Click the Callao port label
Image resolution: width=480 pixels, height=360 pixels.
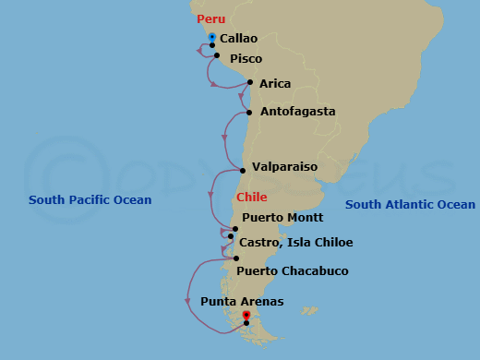[x=238, y=39]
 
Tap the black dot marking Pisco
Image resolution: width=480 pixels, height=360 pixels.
[x=217, y=56]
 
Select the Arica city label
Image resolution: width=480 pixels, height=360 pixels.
[x=275, y=84]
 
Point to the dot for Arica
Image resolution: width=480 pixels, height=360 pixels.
[x=250, y=82]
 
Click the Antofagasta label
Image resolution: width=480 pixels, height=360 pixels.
[x=297, y=112]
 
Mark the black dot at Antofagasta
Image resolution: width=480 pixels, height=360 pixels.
[x=248, y=114]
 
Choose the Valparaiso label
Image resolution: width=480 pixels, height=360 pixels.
[x=284, y=167]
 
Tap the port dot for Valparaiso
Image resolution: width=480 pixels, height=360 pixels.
[x=243, y=170]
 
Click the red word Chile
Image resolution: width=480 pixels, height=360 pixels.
[x=252, y=198]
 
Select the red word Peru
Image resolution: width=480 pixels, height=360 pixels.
[x=210, y=18]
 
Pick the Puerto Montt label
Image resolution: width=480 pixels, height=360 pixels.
[x=282, y=218]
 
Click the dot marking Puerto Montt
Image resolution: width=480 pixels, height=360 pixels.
[x=235, y=229]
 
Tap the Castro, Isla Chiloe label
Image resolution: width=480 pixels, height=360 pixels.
[x=295, y=243]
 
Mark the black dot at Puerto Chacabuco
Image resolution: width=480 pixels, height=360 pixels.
[x=237, y=258]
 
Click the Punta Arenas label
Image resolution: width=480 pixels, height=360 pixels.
[x=242, y=302]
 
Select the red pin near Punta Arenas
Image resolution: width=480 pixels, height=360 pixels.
[x=246, y=316]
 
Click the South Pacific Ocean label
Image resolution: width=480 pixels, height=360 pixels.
[x=90, y=200]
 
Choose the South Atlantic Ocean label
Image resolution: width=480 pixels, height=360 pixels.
[x=410, y=205]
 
